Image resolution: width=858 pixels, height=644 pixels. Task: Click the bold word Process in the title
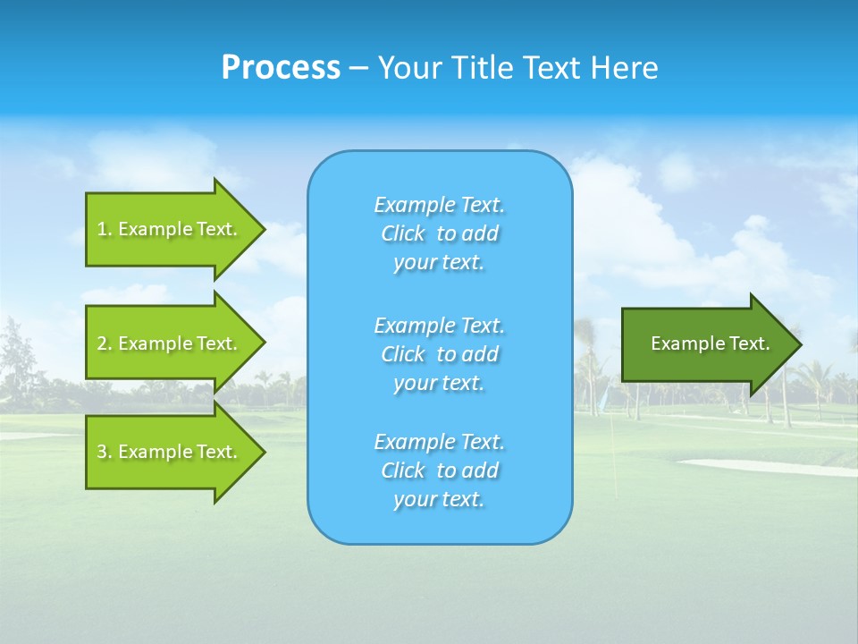(x=281, y=68)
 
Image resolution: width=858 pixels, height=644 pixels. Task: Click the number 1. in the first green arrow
(x=105, y=229)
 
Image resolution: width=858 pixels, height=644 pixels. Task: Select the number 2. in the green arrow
(x=105, y=343)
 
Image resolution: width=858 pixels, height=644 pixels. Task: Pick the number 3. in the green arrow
(x=105, y=452)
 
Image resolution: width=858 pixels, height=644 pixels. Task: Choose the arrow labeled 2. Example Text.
(x=170, y=343)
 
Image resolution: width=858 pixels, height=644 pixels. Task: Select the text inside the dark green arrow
(x=710, y=343)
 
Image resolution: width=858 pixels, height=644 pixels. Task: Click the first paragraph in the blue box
(x=439, y=233)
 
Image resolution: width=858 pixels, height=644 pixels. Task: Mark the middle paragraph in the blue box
(x=439, y=354)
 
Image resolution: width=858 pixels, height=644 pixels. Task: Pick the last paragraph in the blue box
(x=439, y=470)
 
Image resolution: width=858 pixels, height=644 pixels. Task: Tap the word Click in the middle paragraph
(x=402, y=354)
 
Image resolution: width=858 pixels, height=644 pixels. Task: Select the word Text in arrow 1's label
(x=216, y=229)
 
